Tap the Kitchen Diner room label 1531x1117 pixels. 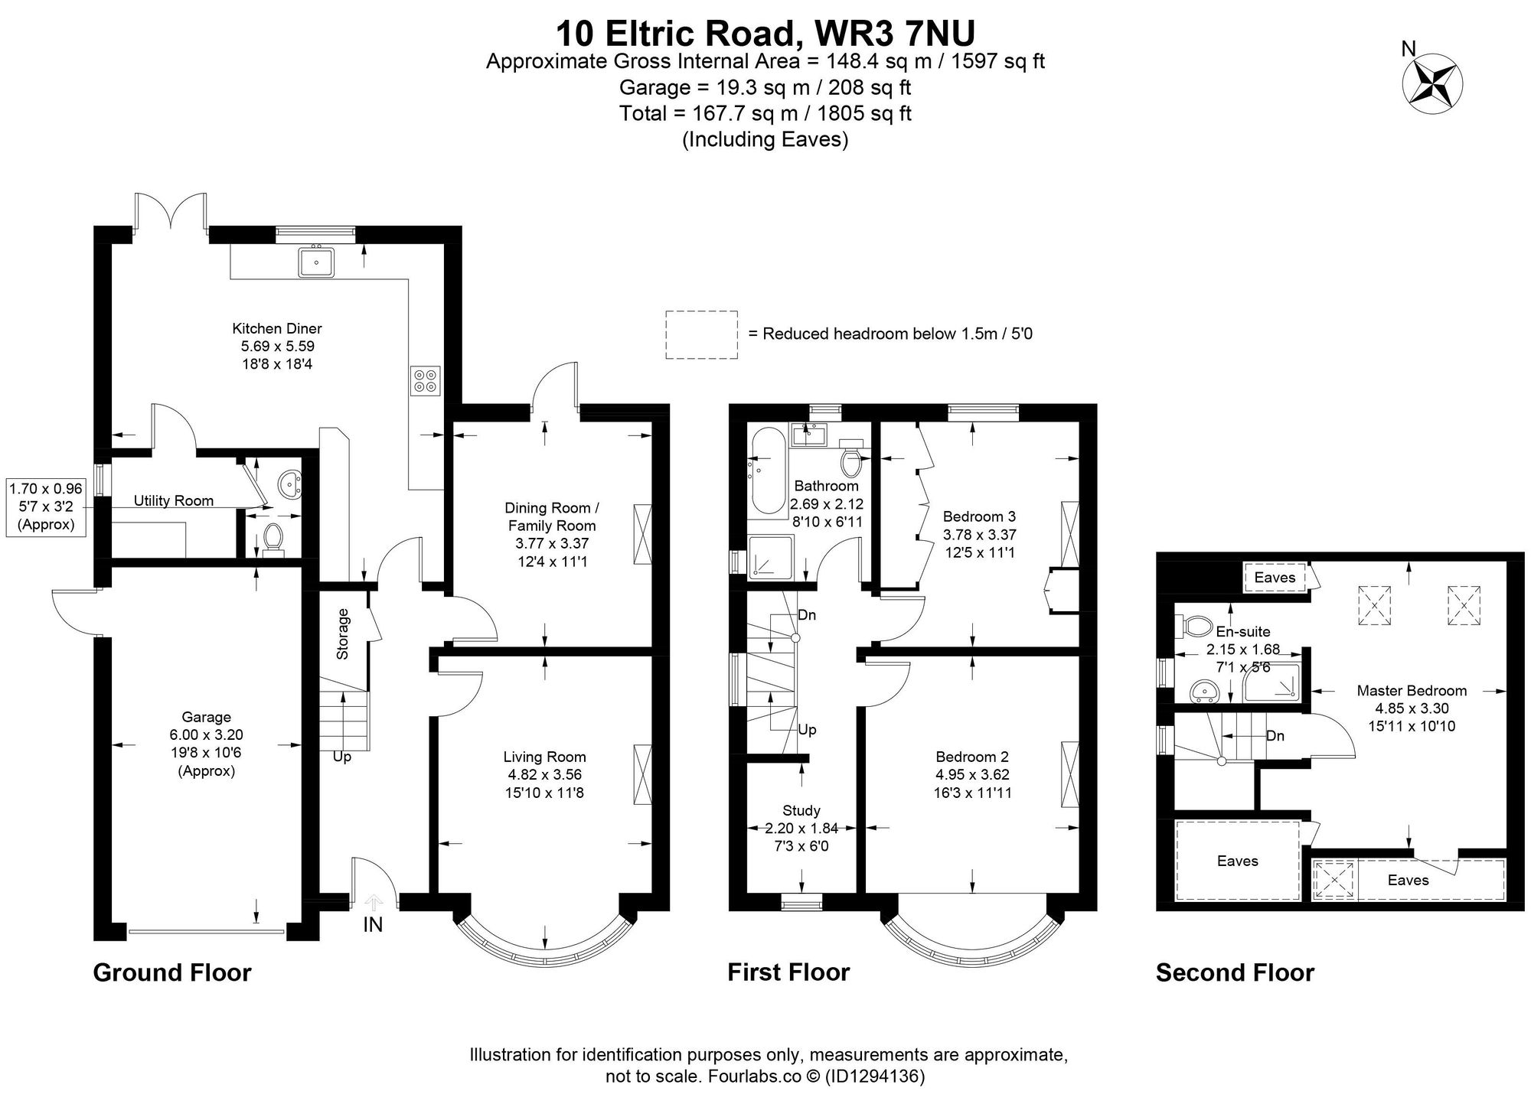coord(277,329)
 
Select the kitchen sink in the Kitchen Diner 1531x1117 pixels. coord(316,262)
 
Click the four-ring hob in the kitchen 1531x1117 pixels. coord(426,380)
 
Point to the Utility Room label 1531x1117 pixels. coord(174,501)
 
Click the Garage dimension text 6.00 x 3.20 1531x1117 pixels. coord(207,735)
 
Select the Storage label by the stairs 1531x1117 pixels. coord(343,634)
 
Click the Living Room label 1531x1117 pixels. coord(544,757)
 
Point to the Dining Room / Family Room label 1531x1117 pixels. coord(551,517)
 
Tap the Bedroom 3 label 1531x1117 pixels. coord(979,516)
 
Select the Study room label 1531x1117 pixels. coord(801,810)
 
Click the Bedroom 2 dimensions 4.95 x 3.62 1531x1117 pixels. coord(972,774)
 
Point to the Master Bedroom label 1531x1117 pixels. coord(1412,691)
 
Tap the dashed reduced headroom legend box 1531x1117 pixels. coord(701,334)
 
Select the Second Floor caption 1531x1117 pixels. coord(1235,973)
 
